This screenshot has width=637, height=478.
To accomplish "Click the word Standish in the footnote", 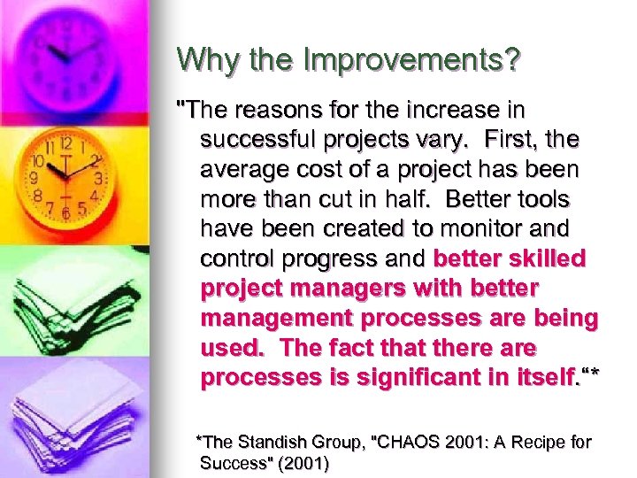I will pos(271,442).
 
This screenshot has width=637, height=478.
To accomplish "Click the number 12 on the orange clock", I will pos(65,143).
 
